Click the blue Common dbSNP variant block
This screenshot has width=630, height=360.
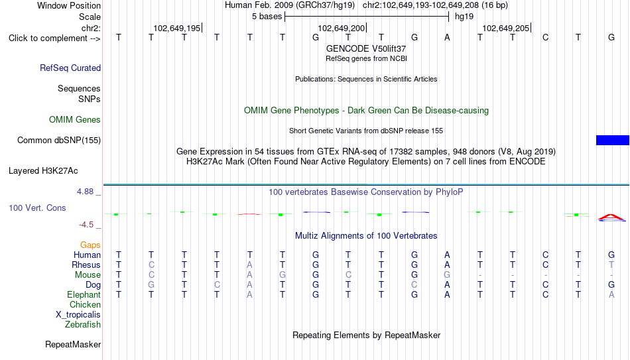click(x=613, y=140)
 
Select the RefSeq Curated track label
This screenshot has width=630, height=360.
click(x=70, y=68)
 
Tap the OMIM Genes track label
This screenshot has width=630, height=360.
click(x=75, y=120)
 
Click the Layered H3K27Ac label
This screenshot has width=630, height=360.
click(x=43, y=171)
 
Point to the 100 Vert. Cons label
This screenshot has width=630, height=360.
click(x=37, y=208)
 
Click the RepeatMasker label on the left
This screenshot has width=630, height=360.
click(x=73, y=344)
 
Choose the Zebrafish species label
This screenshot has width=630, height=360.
click(x=83, y=324)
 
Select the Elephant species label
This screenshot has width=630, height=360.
click(x=84, y=294)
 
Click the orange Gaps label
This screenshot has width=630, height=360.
click(x=90, y=245)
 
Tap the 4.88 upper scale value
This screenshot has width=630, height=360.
click(x=85, y=192)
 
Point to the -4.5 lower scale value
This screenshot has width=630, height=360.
click(x=86, y=225)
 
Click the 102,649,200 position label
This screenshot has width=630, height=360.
click(x=341, y=28)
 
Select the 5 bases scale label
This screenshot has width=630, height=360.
click(x=267, y=17)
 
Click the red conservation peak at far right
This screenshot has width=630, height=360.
click(x=611, y=217)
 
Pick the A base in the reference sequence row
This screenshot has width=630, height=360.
click(x=447, y=37)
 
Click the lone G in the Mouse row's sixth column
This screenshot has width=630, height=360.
click(x=283, y=275)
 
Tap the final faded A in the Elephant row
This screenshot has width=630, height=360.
click(x=611, y=294)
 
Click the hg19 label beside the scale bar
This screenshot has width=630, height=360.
click(x=464, y=17)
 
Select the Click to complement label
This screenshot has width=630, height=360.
click(x=54, y=38)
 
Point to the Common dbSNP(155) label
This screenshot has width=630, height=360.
click(x=59, y=141)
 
